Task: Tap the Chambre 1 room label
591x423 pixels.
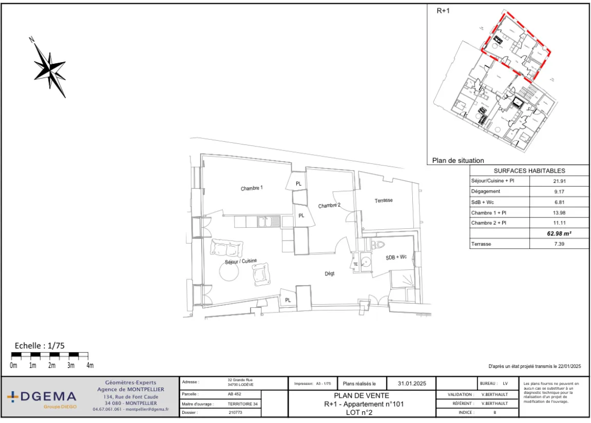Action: click(x=252, y=188)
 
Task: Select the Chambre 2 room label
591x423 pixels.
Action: click(x=329, y=206)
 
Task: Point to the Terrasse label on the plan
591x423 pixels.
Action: click(x=384, y=200)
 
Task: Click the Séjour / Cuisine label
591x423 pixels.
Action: click(x=240, y=262)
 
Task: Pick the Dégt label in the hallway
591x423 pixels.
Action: click(x=330, y=273)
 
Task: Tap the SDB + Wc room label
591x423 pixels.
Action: click(x=396, y=256)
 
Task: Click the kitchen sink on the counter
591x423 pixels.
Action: click(x=265, y=222)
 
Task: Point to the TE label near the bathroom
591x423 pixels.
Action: click(x=355, y=264)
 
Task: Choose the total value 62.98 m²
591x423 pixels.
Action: click(x=559, y=233)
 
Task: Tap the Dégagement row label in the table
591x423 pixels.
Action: click(x=485, y=191)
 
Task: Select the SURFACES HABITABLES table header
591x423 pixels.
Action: click(x=529, y=171)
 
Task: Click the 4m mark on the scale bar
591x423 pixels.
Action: click(x=89, y=365)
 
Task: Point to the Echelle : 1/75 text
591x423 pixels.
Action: click(x=40, y=345)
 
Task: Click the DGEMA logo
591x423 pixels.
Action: click(x=42, y=397)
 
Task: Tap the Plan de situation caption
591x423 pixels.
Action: click(x=458, y=160)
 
